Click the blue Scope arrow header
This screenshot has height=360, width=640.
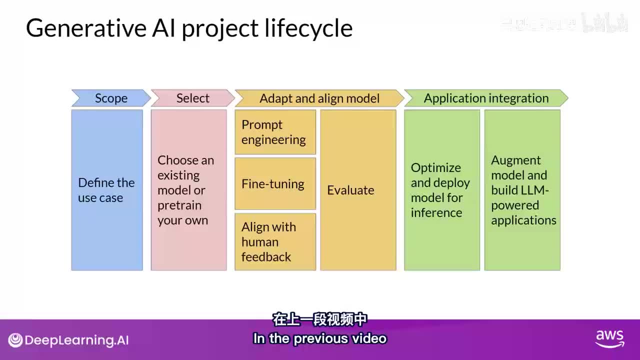pos(111,98)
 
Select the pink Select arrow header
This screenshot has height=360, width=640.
pos(192,98)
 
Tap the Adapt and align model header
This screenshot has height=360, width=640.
pos(319,98)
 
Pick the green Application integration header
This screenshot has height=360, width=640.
pos(486,98)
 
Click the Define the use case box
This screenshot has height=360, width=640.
pos(107,190)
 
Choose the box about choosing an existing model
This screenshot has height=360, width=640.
pos(188,190)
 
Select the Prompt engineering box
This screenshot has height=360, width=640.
pos(275,132)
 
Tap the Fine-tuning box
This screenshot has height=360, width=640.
pos(275,183)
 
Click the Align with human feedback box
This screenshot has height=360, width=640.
pos(275,241)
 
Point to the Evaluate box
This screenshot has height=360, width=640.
pos(358,190)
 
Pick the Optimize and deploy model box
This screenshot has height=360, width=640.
pos(441,190)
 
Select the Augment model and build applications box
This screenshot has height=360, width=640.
pos(522,190)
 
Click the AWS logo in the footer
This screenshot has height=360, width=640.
pos(609,338)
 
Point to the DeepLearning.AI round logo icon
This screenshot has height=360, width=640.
pos(15,340)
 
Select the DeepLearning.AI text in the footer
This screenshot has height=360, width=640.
pos(76,340)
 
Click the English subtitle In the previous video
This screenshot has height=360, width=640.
pos(320,338)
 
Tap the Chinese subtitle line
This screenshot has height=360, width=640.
pos(320,319)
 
